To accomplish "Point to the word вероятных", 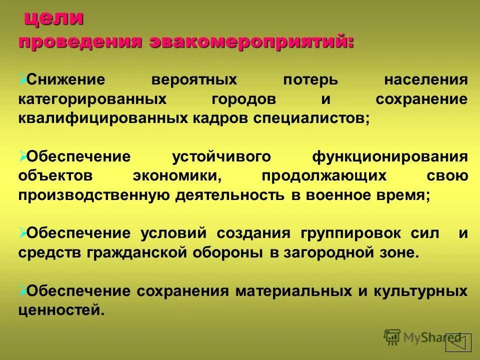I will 195,80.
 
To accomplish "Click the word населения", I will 426,80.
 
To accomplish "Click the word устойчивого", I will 221,156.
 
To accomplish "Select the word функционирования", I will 390,156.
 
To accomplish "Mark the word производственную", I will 94,195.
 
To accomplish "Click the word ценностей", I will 61,310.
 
